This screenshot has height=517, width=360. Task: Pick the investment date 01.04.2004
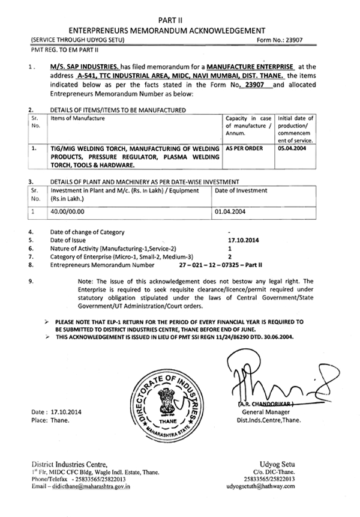232,211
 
